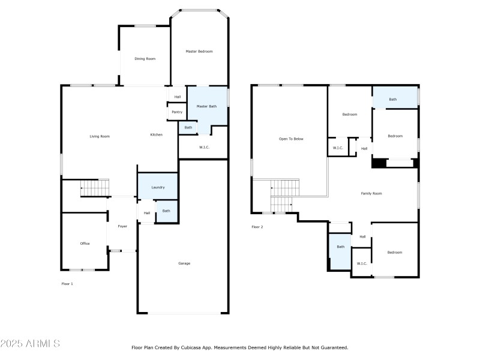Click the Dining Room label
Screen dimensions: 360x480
click(x=145, y=59)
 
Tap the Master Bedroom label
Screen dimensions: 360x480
click(x=199, y=52)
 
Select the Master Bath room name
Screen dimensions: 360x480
click(x=206, y=106)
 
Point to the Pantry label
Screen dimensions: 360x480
click(x=177, y=112)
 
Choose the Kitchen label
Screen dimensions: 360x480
click(x=156, y=135)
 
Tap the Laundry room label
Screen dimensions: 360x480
click(x=158, y=188)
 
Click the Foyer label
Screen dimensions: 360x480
click(x=122, y=226)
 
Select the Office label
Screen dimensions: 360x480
click(x=85, y=244)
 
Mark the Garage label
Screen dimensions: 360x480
click(x=184, y=263)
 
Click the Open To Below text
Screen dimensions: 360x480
click(x=291, y=139)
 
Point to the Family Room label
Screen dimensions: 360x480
click(x=371, y=193)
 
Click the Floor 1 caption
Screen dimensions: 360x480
click(x=67, y=283)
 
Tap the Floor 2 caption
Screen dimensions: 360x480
click(x=257, y=227)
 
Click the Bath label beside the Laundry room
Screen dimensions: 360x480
click(x=166, y=211)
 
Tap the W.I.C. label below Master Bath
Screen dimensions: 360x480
click(x=203, y=146)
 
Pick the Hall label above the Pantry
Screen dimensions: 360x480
click(x=177, y=97)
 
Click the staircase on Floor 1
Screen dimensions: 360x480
click(x=95, y=188)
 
